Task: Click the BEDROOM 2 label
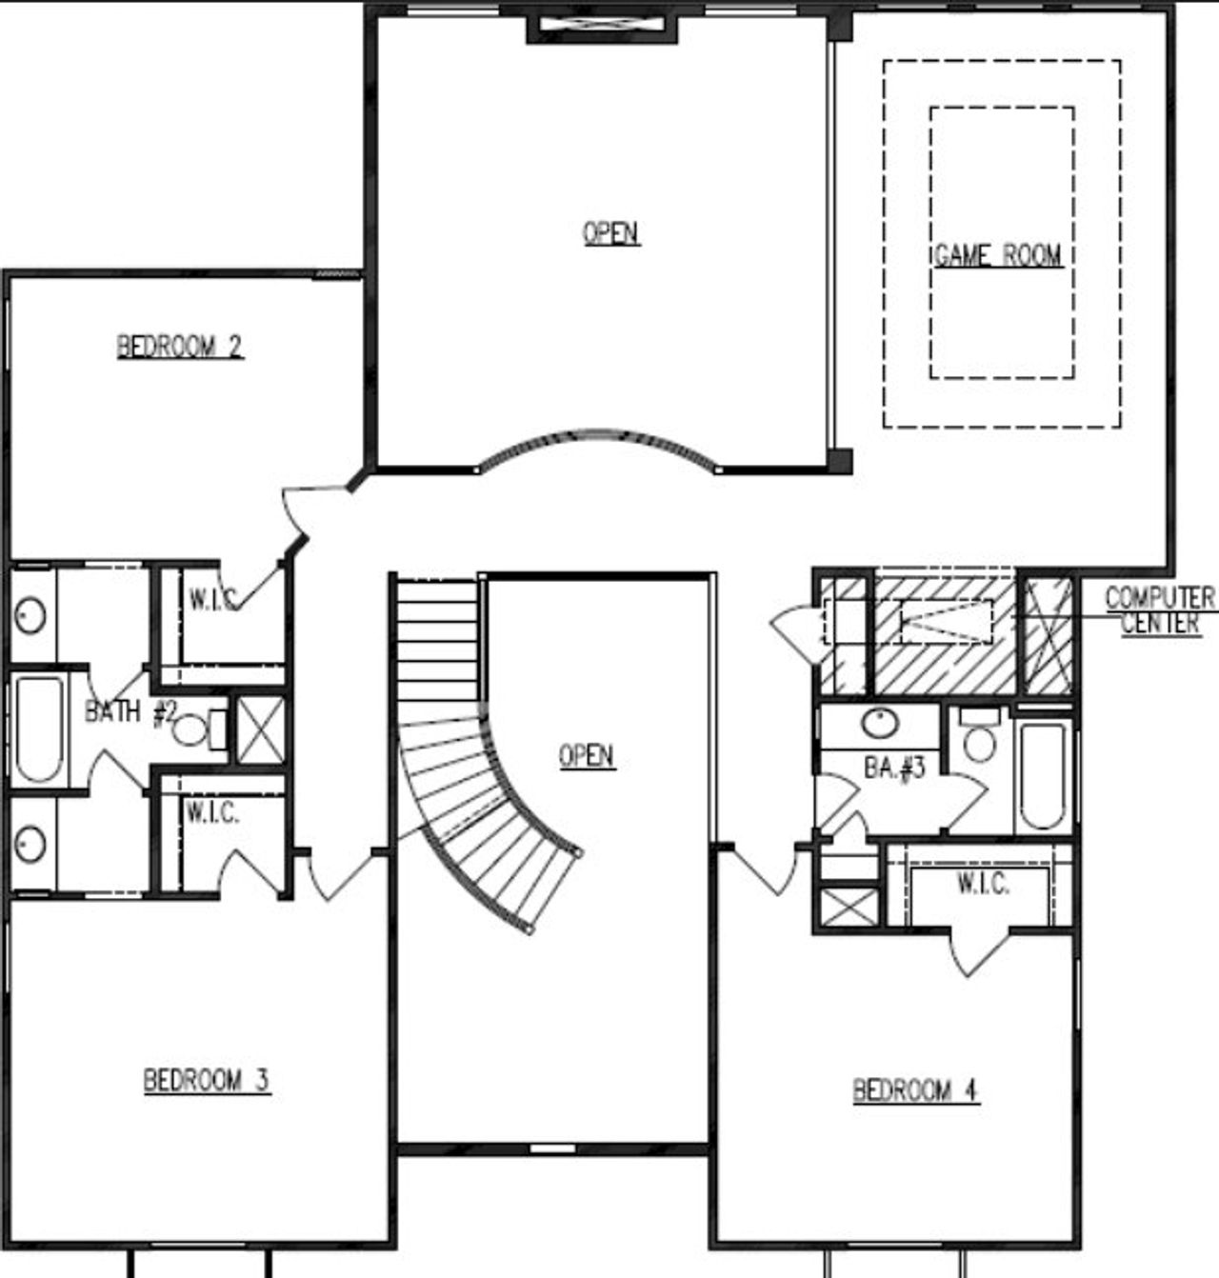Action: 180,346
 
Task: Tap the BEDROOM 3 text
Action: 207,1081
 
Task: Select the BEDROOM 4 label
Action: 916,1089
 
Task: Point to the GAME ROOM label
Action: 997,255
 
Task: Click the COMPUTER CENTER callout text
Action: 1159,610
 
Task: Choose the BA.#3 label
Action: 894,767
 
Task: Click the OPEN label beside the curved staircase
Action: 587,756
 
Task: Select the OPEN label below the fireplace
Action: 610,232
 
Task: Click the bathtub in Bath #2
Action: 39,729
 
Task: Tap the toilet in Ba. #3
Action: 979,738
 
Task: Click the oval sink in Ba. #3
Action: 880,724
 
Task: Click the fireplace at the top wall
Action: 602,28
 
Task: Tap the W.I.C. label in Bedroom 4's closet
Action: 982,884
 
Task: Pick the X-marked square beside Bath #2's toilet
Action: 260,729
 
